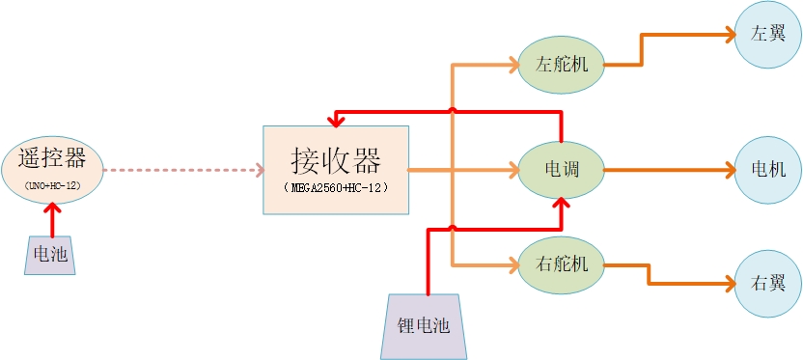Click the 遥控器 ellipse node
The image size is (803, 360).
click(x=52, y=169)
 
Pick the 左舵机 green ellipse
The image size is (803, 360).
click(x=561, y=65)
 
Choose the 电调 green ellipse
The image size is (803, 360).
click(x=561, y=170)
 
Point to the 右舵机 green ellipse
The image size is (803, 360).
click(x=561, y=263)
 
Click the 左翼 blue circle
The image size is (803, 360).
click(x=768, y=33)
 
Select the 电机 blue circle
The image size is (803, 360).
click(x=768, y=170)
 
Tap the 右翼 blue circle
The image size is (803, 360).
click(x=768, y=284)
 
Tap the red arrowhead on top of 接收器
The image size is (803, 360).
click(x=336, y=121)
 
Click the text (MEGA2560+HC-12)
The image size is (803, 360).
click(x=337, y=187)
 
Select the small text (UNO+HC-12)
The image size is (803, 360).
click(x=52, y=182)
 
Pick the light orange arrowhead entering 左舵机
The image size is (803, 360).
click(x=511, y=66)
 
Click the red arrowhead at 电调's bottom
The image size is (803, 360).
click(x=561, y=202)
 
